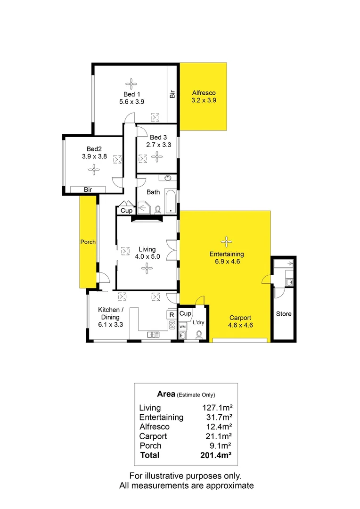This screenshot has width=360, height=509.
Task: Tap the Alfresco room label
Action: click(204, 93)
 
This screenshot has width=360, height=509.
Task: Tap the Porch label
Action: click(88, 242)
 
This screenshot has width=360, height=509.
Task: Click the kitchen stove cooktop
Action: click(172, 325)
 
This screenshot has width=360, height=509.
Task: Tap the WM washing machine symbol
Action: click(182, 326)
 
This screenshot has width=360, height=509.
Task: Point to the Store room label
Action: click(284, 314)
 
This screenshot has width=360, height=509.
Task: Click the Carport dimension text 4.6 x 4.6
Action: click(241, 325)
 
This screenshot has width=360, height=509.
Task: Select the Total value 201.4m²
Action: click(217, 455)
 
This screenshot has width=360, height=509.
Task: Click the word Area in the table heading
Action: click(165, 394)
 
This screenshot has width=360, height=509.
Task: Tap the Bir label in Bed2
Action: click(88, 189)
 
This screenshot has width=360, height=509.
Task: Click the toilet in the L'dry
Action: click(199, 334)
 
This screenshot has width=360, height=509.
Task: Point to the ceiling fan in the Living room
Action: click(147, 268)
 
